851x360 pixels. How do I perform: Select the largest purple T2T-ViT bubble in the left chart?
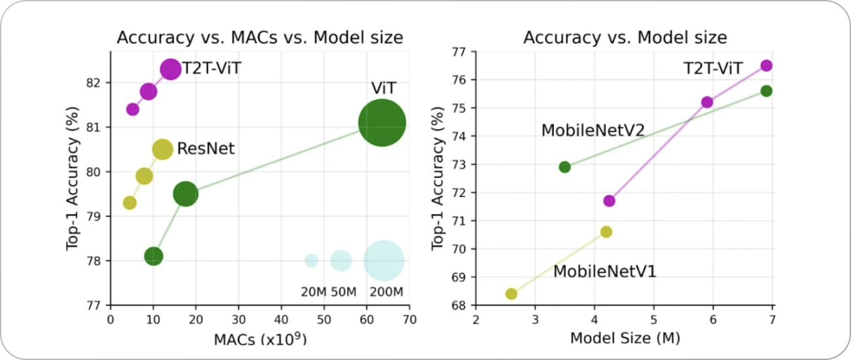[170, 69]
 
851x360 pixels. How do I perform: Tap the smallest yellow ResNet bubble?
[130, 202]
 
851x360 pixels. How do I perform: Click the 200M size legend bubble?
[383, 260]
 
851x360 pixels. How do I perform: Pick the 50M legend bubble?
[340, 260]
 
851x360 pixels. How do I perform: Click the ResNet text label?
[206, 149]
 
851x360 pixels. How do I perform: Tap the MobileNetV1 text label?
[604, 271]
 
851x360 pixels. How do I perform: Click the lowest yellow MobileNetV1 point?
[511, 293]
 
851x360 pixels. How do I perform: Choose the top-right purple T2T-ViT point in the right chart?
[767, 65]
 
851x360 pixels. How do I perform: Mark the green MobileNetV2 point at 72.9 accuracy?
[564, 167]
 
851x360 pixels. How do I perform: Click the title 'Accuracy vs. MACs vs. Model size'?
[259, 38]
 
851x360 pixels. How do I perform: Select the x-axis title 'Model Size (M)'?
[624, 338]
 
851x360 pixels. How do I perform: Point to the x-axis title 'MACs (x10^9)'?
[260, 339]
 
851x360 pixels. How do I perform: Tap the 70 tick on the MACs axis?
[409, 321]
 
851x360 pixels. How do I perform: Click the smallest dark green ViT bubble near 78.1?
[153, 256]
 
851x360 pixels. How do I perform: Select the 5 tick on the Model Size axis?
[653, 321]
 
